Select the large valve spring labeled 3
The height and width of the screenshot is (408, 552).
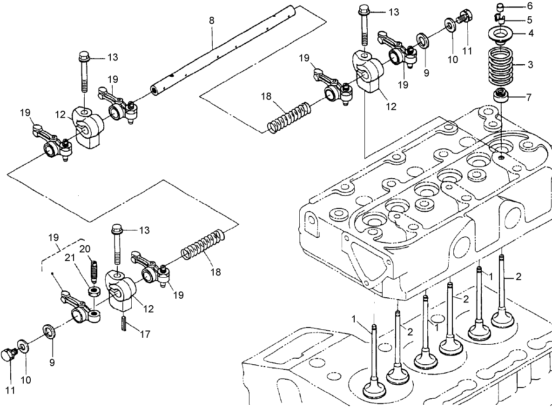point(504,67)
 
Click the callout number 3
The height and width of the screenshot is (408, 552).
point(530,65)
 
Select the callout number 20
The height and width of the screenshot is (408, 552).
point(84,248)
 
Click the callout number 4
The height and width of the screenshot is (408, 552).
point(530,33)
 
